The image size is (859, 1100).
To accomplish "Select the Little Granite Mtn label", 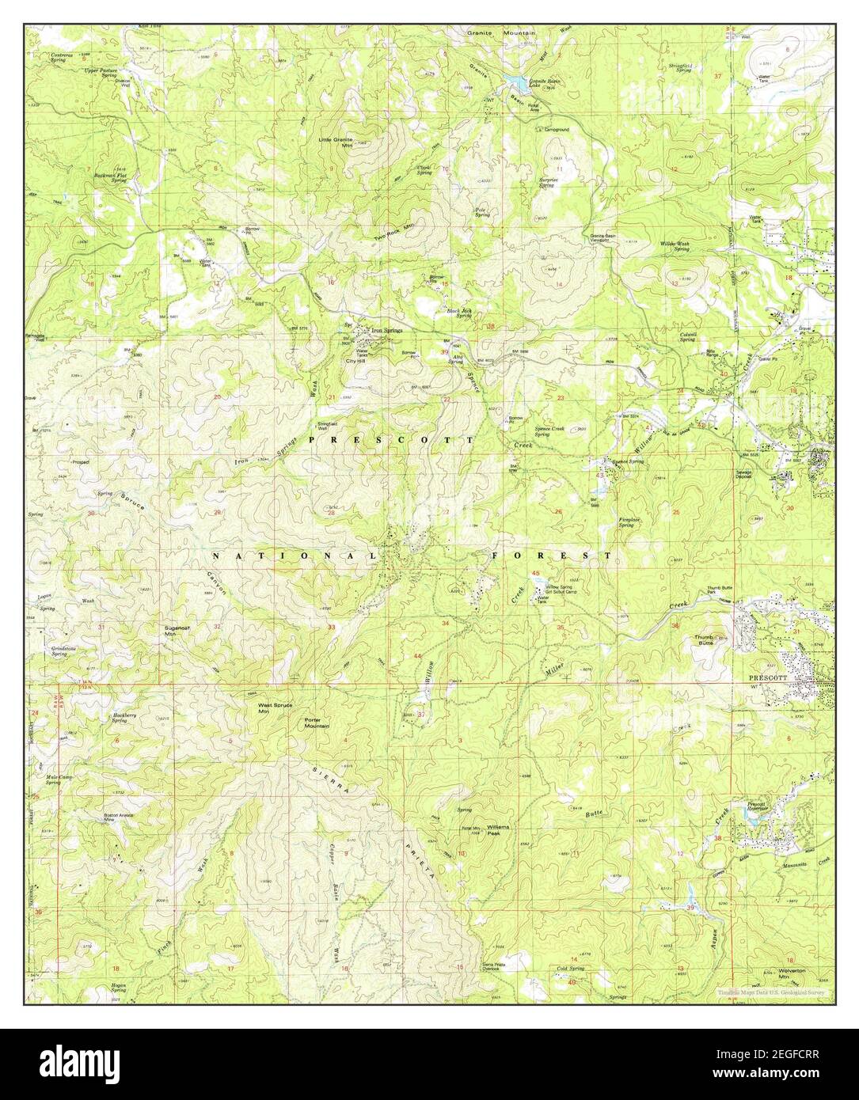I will (357, 142).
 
